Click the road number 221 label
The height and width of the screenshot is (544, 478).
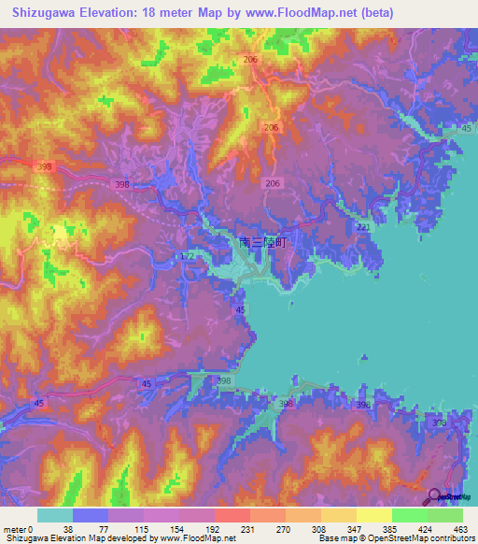(x=363, y=227)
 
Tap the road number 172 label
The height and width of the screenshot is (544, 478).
(x=187, y=255)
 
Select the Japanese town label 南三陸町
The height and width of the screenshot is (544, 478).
(x=262, y=241)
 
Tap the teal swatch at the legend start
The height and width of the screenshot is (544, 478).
(x=55, y=515)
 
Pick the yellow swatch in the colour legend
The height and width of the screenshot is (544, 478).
(x=373, y=515)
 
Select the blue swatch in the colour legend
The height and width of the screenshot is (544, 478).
(x=91, y=515)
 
